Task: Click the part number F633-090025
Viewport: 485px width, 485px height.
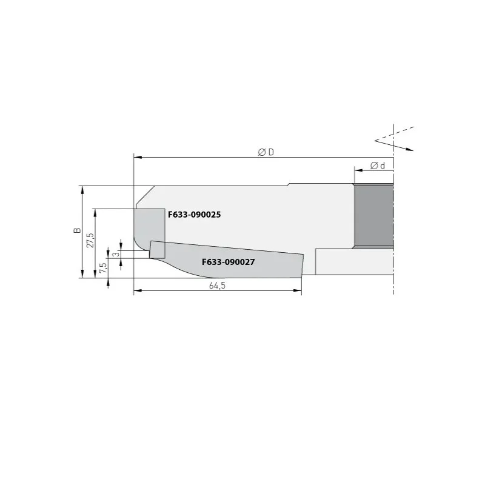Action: click(x=194, y=215)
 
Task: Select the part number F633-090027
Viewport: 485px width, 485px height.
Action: click(x=229, y=262)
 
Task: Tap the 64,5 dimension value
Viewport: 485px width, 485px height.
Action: click(x=217, y=286)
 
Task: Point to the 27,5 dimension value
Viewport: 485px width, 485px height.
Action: click(x=90, y=240)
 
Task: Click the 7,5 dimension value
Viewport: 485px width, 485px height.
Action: click(x=103, y=267)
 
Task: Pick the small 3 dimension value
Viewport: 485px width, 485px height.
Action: click(x=116, y=254)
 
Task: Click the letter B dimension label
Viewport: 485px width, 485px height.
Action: click(x=77, y=230)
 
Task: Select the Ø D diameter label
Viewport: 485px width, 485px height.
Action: click(x=266, y=152)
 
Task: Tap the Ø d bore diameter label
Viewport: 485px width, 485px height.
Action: click(x=378, y=166)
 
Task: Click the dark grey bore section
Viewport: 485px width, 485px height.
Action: click(x=374, y=216)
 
